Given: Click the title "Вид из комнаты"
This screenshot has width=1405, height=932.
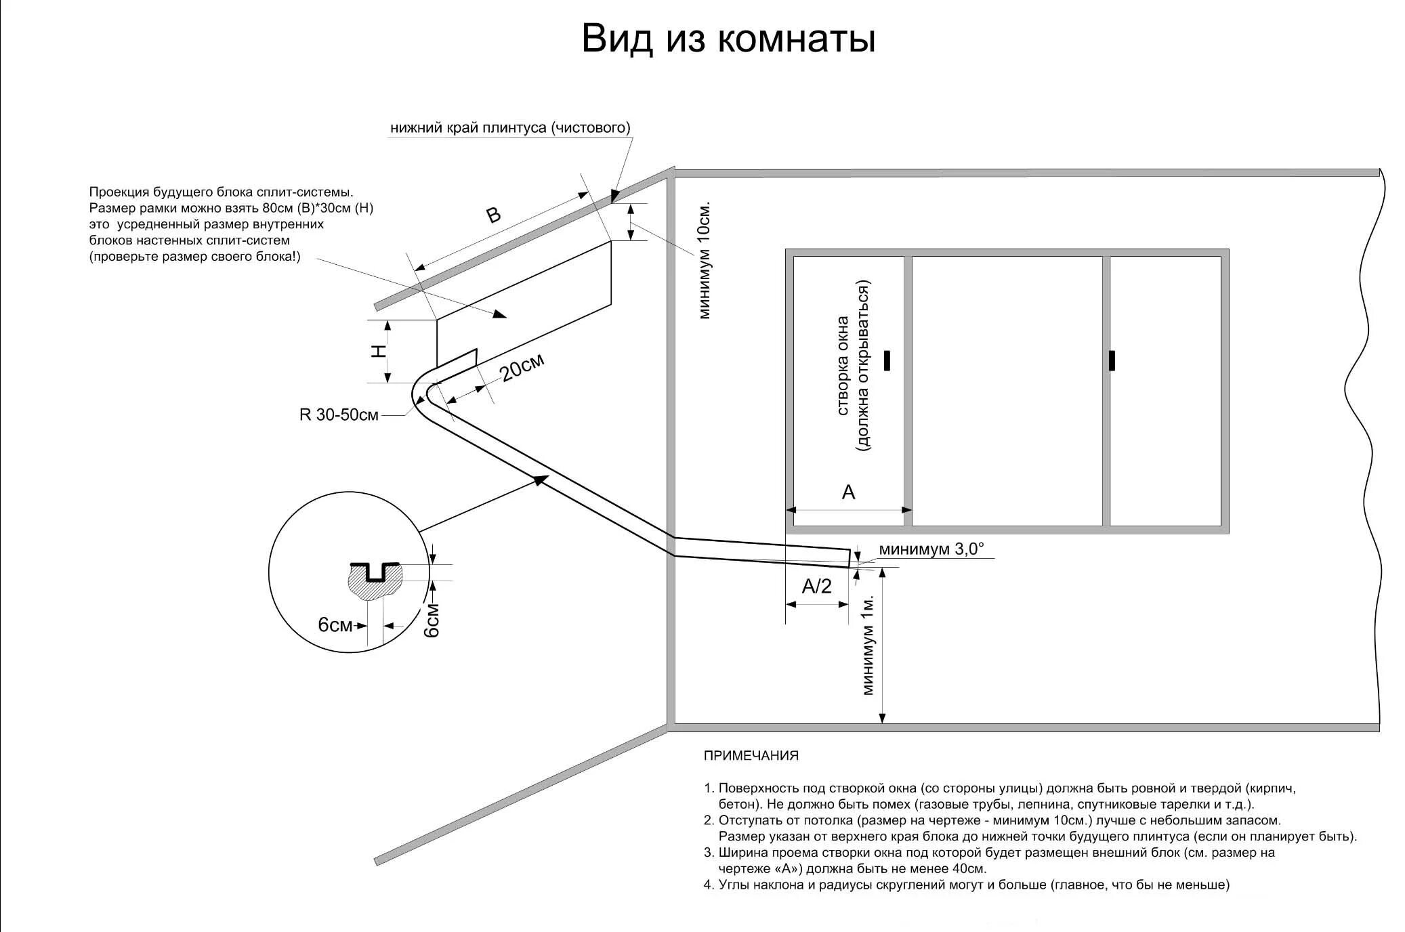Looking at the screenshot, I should [x=728, y=39].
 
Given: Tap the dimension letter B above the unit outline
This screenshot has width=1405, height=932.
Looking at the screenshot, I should [x=495, y=215].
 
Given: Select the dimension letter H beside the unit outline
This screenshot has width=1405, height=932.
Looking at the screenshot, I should [x=379, y=351].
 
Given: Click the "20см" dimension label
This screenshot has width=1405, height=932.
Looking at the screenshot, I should [x=522, y=368].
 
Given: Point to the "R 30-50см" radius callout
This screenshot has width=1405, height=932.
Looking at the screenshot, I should [x=339, y=415].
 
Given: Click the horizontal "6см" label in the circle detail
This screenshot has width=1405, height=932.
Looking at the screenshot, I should [x=335, y=624].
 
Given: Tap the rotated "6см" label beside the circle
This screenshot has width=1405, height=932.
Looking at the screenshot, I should [x=432, y=620].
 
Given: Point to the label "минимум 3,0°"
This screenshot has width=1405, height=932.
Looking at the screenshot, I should [x=931, y=549].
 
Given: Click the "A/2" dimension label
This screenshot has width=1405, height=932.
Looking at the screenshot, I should [x=816, y=586].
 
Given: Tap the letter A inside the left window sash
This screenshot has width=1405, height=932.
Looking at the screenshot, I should [x=848, y=492].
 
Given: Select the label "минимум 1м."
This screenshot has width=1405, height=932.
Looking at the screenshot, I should [x=868, y=645].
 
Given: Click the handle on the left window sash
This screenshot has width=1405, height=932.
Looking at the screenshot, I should [x=887, y=360].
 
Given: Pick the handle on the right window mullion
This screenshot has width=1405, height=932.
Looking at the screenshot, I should [x=1112, y=360].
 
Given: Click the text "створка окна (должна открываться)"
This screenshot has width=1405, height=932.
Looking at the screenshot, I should [x=853, y=366].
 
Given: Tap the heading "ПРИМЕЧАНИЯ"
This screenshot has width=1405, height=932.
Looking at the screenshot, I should [x=751, y=755].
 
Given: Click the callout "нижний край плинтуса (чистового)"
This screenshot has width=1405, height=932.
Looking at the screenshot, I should [x=510, y=128].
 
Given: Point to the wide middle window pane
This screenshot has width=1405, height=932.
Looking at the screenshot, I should [x=1007, y=390].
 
